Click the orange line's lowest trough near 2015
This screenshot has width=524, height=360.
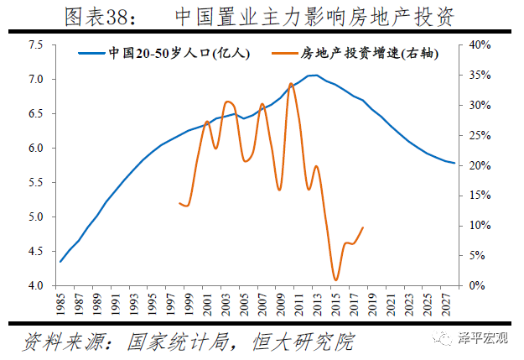[335, 280]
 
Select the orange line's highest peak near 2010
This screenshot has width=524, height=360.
[290, 84]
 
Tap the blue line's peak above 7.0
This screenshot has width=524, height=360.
[312, 76]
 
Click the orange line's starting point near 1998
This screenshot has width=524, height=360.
[179, 202]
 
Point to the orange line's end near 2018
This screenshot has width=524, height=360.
[363, 227]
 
